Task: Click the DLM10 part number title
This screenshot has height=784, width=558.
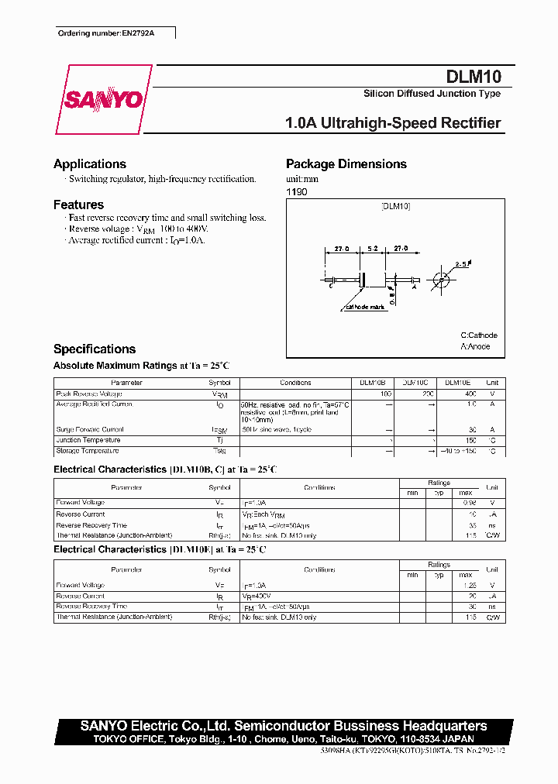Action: tap(474, 77)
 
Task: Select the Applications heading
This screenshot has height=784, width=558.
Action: tap(90, 164)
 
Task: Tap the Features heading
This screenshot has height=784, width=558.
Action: tap(78, 205)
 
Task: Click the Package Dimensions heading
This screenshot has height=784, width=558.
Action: tap(346, 164)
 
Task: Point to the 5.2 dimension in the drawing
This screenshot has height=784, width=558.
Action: tap(372, 249)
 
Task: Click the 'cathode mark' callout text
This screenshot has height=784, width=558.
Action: tap(362, 308)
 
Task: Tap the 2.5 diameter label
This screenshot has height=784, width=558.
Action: tap(462, 264)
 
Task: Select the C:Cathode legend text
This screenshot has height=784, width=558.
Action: tap(479, 335)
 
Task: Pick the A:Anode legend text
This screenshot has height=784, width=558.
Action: tap(475, 346)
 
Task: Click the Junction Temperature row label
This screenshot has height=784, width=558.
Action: tap(88, 440)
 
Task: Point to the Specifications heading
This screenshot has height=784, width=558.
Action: tap(95, 349)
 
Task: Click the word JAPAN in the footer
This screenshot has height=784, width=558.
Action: tap(455, 739)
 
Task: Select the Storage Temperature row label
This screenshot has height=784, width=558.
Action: tap(88, 451)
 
